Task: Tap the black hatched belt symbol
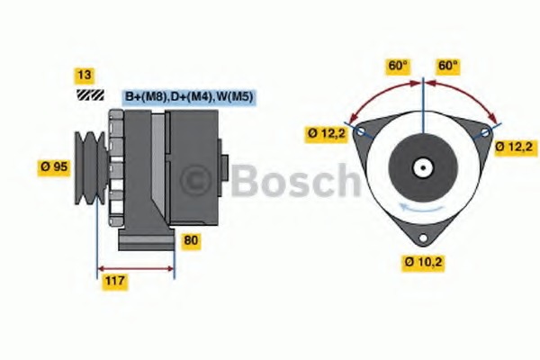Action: [89, 94]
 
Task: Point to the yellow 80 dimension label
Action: [191, 240]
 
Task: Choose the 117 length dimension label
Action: [114, 282]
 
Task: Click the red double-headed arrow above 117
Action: [136, 267]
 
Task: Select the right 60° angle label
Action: [447, 66]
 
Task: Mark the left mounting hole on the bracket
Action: [360, 132]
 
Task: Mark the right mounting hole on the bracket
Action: [485, 132]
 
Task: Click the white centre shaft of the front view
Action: [422, 167]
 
